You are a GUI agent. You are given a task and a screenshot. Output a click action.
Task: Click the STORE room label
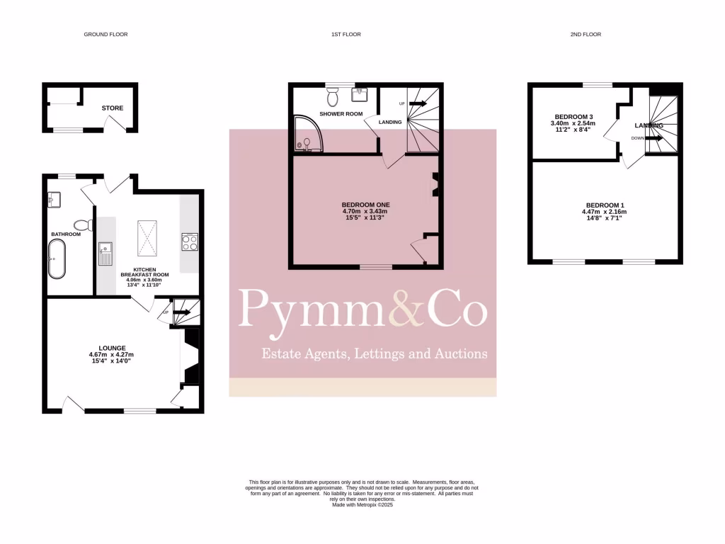(x=112, y=108)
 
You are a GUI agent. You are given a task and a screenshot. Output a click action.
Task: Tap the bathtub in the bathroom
(x=56, y=259)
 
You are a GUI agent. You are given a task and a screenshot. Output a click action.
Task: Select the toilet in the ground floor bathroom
(x=83, y=225)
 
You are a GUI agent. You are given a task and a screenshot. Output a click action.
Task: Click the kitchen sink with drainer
(x=105, y=253)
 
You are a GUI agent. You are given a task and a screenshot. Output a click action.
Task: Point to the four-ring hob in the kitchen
(x=190, y=242)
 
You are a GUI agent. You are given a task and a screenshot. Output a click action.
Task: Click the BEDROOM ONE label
(x=366, y=205)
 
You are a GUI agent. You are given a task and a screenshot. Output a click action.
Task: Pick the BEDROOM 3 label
(x=573, y=117)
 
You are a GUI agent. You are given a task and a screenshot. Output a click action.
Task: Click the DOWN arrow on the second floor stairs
(x=649, y=138)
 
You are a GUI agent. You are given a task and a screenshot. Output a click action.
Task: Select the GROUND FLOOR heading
(x=105, y=34)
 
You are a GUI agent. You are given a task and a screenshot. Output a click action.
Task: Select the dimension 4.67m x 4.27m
(x=111, y=355)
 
